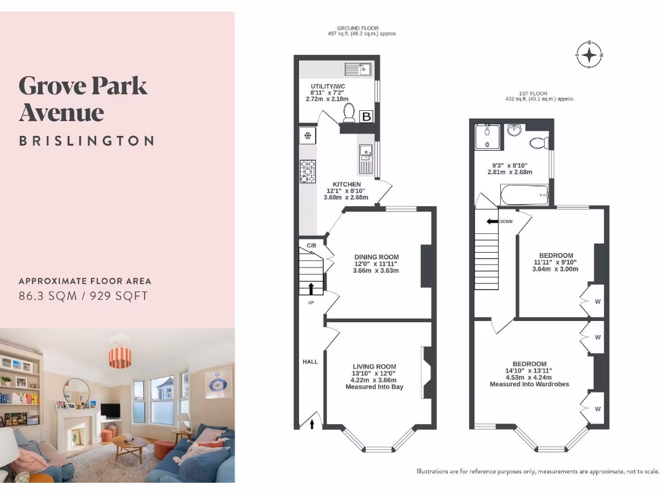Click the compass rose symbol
tap(589, 55)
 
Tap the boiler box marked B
tap(366, 116)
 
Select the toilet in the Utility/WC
tap(349, 114)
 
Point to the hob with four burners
tap(307, 171)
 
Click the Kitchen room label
tap(347, 184)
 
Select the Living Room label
tap(374, 367)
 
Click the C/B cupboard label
tap(311, 246)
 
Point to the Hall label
tap(310, 362)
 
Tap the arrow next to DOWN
tap(492, 222)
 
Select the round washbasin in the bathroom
tap(514, 131)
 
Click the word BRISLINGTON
tap(86, 141)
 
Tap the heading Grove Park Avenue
tap(83, 99)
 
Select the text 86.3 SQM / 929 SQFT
tap(83, 296)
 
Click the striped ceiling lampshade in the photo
tap(120, 356)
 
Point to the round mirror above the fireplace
tap(77, 391)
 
